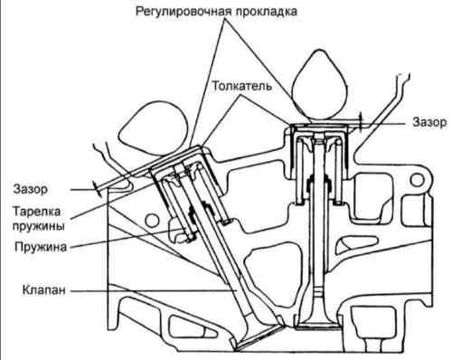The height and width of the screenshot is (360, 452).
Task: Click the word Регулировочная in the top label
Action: [184, 12]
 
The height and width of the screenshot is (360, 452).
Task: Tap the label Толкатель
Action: [242, 86]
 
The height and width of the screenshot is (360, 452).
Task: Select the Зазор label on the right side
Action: [429, 122]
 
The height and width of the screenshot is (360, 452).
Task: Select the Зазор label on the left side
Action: [31, 189]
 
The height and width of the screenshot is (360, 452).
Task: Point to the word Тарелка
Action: [36, 211]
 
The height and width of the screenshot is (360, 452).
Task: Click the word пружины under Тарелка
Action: [39, 226]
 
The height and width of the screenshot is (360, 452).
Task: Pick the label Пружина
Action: [41, 247]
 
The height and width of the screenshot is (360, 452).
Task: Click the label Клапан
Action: [44, 290]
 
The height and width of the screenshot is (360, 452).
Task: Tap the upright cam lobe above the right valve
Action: [320, 84]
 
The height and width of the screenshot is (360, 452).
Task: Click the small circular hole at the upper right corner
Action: [418, 180]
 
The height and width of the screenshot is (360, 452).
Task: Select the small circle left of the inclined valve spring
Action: [152, 221]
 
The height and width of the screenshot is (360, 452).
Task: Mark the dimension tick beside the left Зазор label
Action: [97, 189]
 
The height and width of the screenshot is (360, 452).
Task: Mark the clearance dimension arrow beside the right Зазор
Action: [361, 122]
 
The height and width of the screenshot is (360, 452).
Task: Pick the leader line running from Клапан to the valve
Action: [152, 290]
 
